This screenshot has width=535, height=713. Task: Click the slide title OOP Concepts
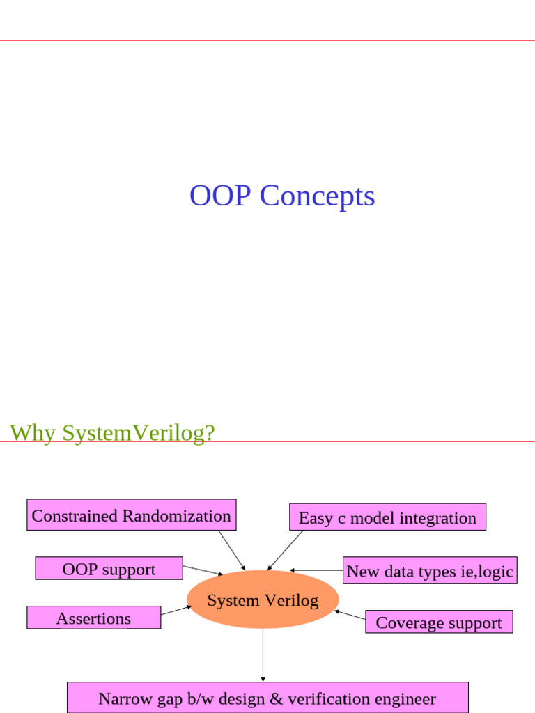[x=282, y=196]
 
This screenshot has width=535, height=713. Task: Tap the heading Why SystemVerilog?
[x=112, y=432]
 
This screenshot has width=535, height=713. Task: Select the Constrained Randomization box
[x=131, y=515]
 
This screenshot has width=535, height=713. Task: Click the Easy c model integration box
[x=387, y=517]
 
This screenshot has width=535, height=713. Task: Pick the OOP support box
[x=109, y=568]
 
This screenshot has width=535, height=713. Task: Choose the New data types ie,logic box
[x=429, y=571]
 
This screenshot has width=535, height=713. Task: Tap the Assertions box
[x=93, y=618]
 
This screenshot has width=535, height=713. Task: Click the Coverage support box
[x=439, y=622]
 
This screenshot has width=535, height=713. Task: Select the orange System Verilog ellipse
[x=263, y=600]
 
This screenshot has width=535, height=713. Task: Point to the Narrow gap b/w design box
[x=267, y=698]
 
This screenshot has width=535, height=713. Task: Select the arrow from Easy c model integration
[x=286, y=550]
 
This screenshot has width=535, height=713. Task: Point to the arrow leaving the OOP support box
[x=202, y=570]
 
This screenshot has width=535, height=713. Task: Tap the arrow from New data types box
[x=316, y=570]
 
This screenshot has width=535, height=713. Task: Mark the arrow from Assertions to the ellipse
[x=176, y=610]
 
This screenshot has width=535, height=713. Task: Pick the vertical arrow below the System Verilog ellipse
[x=263, y=655]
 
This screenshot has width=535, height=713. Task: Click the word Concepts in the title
[x=318, y=196]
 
